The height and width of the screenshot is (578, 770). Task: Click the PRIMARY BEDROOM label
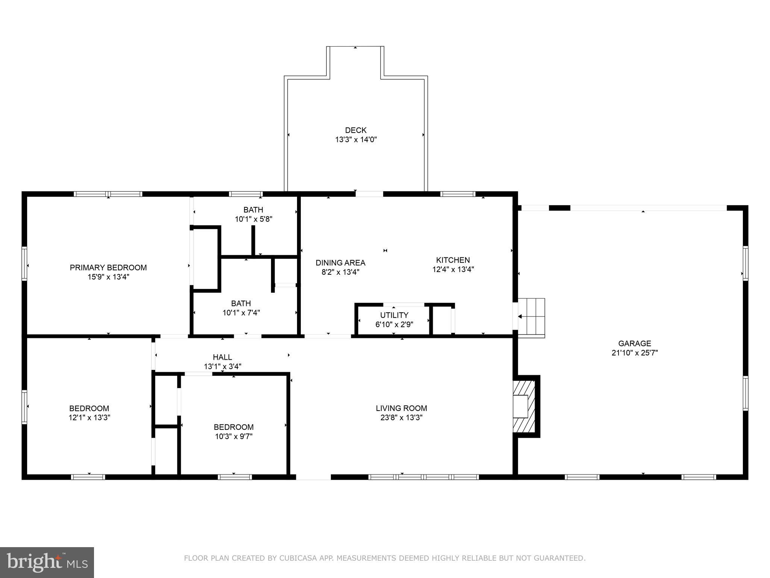[108, 268]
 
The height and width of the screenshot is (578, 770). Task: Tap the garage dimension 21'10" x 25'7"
[635, 353]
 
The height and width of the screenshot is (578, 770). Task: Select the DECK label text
[356, 130]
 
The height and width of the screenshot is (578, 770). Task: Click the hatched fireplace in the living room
[524, 406]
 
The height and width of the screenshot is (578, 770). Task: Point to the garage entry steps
[532, 318]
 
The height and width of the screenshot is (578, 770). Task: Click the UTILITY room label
[394, 315]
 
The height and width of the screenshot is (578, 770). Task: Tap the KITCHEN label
[453, 260]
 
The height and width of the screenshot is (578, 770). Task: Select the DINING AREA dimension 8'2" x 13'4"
[340, 272]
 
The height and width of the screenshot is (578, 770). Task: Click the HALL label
[222, 357]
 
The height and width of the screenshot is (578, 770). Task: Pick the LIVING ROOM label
[401, 408]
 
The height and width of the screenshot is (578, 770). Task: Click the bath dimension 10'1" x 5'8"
[253, 219]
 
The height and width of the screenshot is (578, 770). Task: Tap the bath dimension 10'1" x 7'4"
[241, 313]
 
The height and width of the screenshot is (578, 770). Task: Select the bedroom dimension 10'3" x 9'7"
[233, 437]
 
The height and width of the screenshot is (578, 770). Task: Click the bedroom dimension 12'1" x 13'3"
[89, 418]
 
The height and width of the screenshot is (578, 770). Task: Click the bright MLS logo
[47, 562]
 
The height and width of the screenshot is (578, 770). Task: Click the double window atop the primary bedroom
[108, 194]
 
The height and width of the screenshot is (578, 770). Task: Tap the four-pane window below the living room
[423, 477]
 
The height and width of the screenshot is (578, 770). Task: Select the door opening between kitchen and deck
[369, 194]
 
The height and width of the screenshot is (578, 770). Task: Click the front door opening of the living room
[313, 477]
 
